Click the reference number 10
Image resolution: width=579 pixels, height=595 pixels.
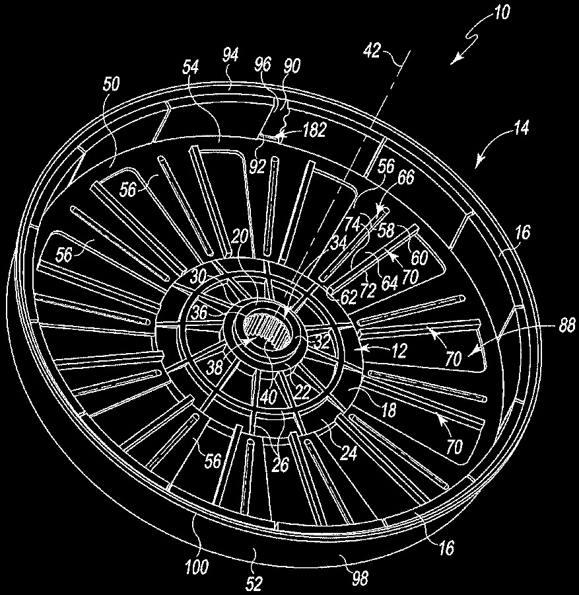pyautogui.click(x=502, y=13)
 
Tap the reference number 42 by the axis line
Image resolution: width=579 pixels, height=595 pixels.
pyautogui.click(x=372, y=50)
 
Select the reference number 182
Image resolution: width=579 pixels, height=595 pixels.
pyautogui.click(x=314, y=131)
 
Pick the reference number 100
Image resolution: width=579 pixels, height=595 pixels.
pyautogui.click(x=197, y=567)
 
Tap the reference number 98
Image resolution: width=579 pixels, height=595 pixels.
pyautogui.click(x=359, y=578)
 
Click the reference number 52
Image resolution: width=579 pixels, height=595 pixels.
pyautogui.click(x=254, y=583)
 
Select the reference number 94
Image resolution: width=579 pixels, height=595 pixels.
pyautogui.click(x=230, y=56)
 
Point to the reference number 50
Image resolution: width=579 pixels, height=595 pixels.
pyautogui.click(x=111, y=84)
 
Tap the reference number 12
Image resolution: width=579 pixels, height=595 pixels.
pyautogui.click(x=399, y=350)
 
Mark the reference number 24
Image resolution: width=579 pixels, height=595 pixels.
pyautogui.click(x=349, y=453)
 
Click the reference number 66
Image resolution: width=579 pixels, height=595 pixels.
pyautogui.click(x=405, y=177)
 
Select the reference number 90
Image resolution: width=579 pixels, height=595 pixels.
pyautogui.click(x=292, y=66)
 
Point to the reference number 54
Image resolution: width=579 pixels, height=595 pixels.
pyautogui.click(x=191, y=67)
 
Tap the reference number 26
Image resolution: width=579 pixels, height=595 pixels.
pyautogui.click(x=281, y=465)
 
